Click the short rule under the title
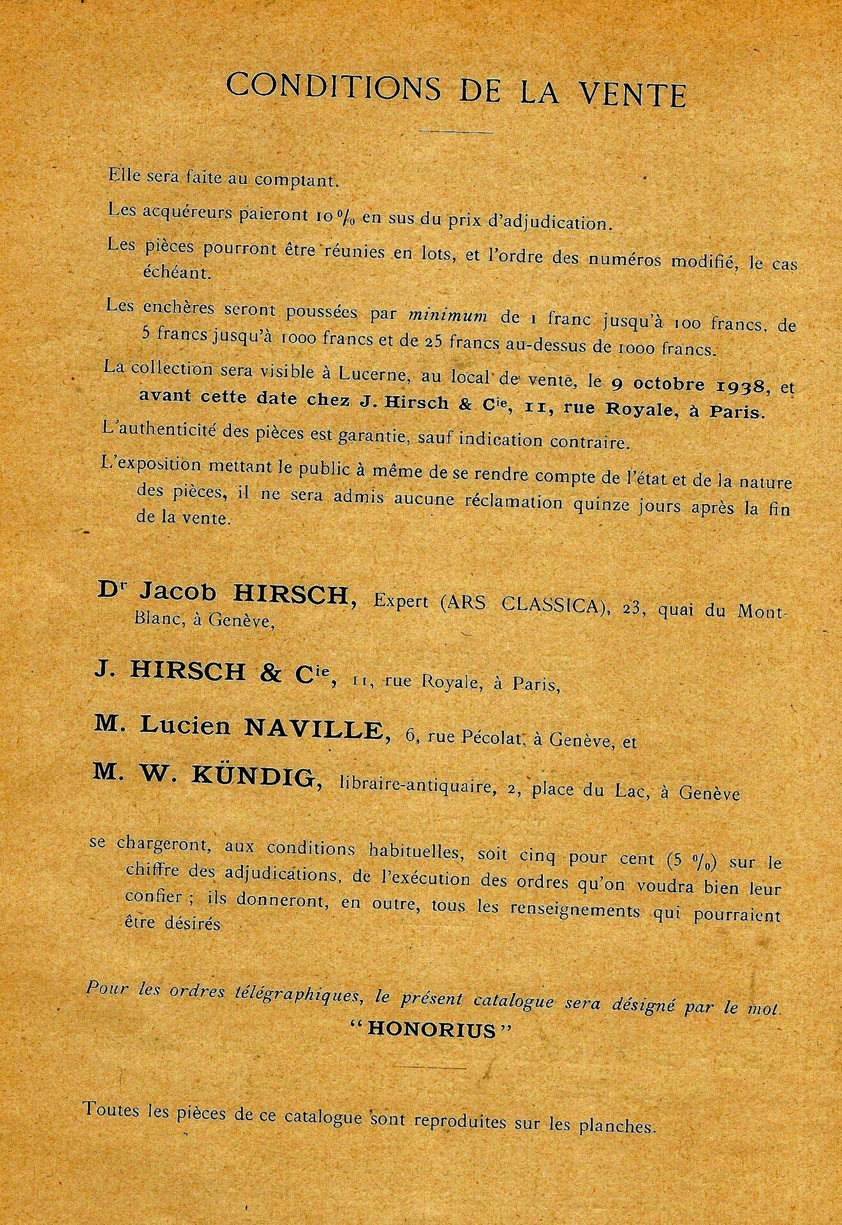pos(456,132)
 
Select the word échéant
pos(169,272)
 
